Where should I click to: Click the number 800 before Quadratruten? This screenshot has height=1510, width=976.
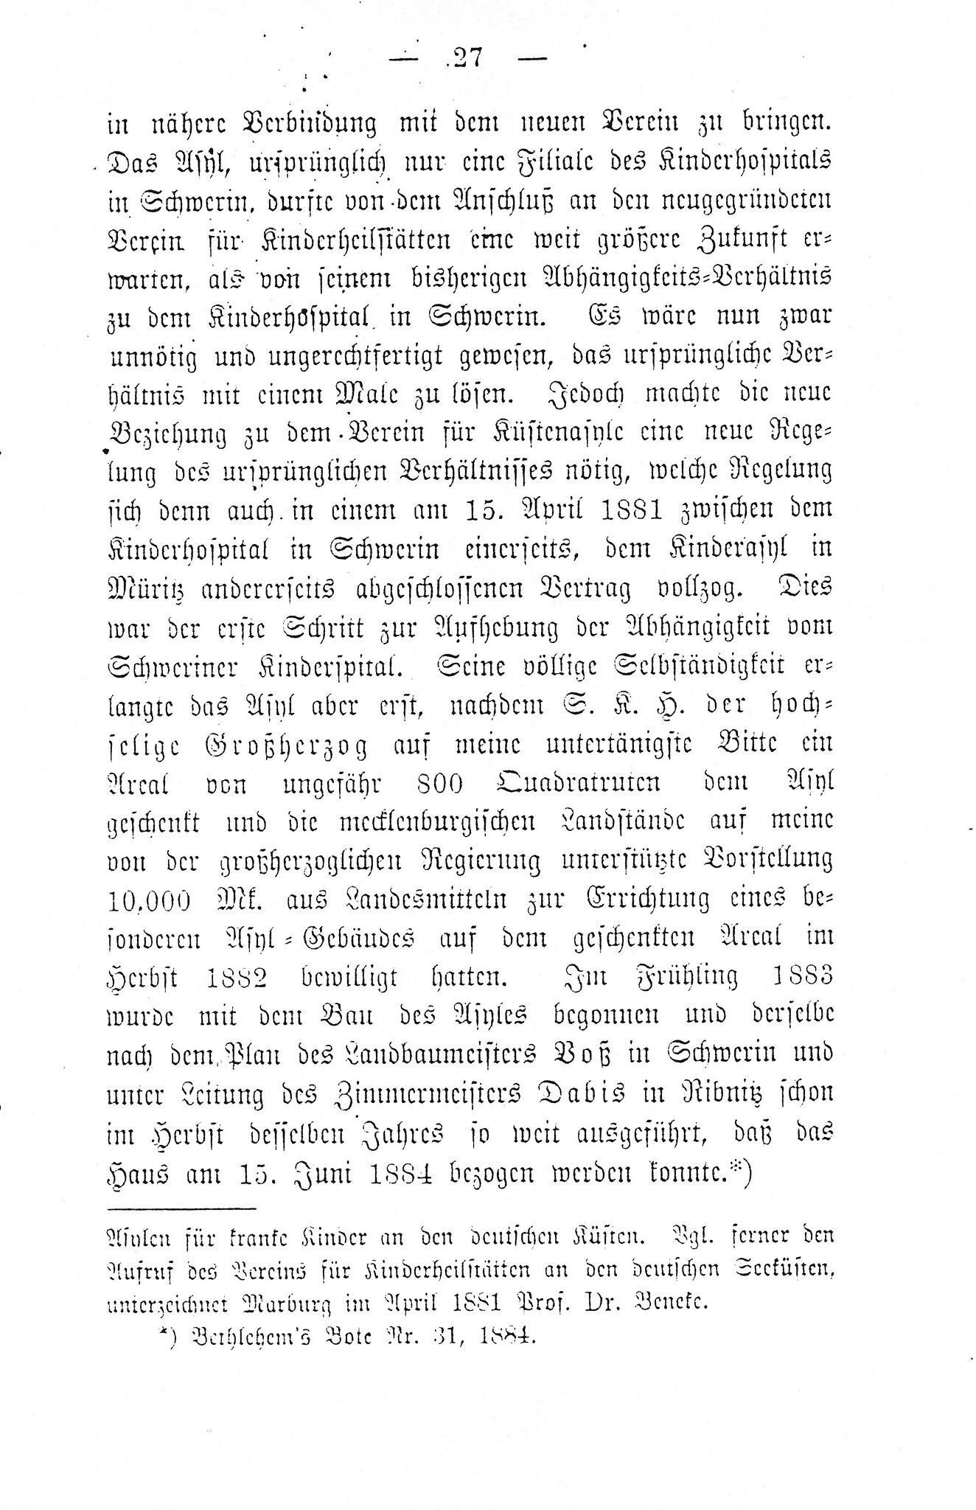click(440, 784)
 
